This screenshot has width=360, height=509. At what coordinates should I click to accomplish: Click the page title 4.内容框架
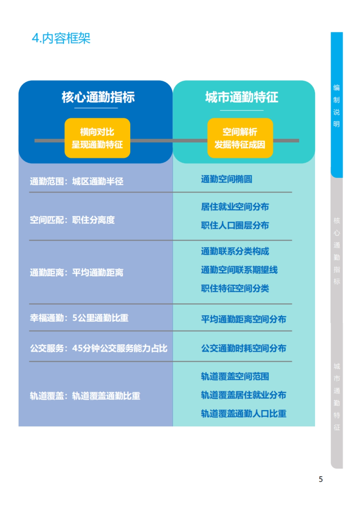coord(61,38)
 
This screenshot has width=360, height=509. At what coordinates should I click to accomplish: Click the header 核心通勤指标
coord(98,97)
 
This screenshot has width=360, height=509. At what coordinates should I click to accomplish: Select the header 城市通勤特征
coord(241,97)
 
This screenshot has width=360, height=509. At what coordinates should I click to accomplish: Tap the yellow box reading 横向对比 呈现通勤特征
coord(97,138)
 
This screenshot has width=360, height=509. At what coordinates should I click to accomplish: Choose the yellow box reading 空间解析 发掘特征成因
coord(240,138)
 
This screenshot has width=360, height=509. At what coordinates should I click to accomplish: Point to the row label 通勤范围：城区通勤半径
coord(76,181)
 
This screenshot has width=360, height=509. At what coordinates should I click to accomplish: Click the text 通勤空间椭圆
coord(226,179)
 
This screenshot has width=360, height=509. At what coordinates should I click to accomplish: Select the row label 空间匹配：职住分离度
coord(72,220)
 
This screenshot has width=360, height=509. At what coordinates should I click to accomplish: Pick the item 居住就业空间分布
coord(235,207)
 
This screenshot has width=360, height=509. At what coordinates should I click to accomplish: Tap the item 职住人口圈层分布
coord(235,225)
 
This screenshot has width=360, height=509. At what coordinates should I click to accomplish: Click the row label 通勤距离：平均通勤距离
coord(76,272)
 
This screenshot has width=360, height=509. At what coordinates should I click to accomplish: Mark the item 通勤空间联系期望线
coord(239,270)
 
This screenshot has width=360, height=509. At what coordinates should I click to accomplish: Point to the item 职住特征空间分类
coord(235,288)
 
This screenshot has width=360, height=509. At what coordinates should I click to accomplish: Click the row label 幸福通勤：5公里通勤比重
coord(79,318)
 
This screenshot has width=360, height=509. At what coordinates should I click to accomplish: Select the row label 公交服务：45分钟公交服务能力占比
coord(98,348)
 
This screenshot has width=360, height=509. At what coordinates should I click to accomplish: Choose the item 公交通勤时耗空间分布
coord(244,348)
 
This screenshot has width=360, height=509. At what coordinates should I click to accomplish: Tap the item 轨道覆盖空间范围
coord(235,377)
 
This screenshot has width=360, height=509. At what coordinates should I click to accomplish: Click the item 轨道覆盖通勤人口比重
coord(244,414)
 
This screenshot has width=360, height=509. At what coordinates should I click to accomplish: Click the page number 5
coord(321,479)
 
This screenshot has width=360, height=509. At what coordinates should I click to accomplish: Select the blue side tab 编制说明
coord(337,106)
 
